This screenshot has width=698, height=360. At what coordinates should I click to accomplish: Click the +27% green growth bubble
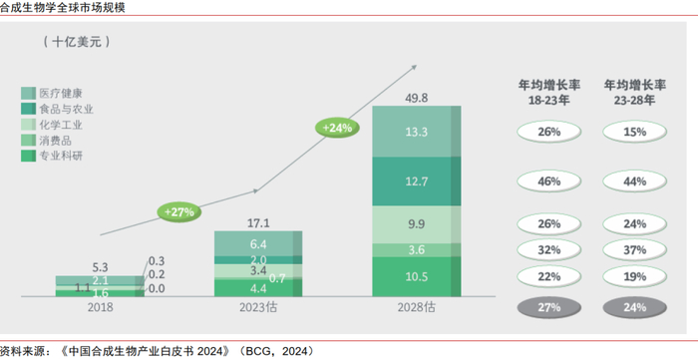178,212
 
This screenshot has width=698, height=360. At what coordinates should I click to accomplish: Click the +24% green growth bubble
337,128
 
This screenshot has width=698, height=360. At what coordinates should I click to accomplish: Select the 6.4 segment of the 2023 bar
258,243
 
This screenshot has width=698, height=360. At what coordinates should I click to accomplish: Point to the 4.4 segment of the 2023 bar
258,288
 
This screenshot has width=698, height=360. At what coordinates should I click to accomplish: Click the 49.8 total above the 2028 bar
417,98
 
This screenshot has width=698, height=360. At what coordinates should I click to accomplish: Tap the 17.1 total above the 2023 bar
258,223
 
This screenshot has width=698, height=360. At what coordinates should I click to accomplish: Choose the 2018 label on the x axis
100,307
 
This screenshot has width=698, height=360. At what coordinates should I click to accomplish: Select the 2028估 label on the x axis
417,307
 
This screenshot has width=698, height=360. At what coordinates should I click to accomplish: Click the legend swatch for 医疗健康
29,94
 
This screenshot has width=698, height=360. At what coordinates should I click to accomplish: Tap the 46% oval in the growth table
548,181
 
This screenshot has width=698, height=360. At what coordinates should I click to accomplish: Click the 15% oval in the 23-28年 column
635,133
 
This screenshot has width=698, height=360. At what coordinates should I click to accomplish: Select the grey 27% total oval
548,308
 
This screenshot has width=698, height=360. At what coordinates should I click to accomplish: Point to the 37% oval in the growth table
635,250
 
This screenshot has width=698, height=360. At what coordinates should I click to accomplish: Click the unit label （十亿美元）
77,42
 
